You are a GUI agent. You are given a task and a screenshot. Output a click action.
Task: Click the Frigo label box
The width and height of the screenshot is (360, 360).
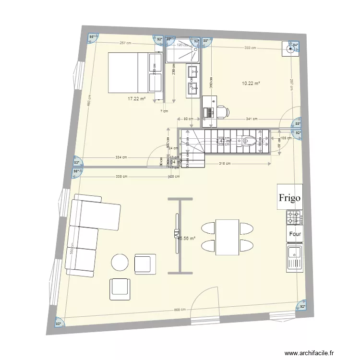(x=290, y=197)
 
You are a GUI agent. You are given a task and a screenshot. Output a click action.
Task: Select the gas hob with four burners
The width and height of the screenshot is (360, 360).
(x=294, y=217)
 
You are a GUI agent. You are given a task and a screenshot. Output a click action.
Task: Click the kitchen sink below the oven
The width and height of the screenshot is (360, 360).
(x=294, y=257)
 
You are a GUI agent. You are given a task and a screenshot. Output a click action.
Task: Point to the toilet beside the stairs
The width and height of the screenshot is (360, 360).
(x=249, y=141)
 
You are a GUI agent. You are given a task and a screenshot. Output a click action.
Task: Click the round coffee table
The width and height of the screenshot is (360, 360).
(x=120, y=263)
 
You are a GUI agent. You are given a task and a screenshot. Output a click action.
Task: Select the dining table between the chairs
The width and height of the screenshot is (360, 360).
(x=227, y=237)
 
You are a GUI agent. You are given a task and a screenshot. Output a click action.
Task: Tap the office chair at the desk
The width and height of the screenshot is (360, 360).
(x=222, y=112)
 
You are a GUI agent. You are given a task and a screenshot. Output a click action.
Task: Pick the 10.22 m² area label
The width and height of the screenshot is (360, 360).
(x=251, y=83)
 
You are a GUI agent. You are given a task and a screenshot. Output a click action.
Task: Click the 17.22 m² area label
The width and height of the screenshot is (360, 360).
(x=136, y=98)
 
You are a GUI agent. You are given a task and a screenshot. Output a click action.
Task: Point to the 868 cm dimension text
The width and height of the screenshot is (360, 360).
(x=180, y=310)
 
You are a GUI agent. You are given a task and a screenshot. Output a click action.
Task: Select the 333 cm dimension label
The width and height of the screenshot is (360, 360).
(x=250, y=48)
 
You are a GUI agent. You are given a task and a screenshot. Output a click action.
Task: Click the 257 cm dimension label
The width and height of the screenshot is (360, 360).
(x=126, y=43)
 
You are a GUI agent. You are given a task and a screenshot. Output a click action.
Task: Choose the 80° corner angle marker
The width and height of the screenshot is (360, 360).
(x=58, y=324)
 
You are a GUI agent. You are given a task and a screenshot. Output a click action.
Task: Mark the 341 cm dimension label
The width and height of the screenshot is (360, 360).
(x=252, y=119)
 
